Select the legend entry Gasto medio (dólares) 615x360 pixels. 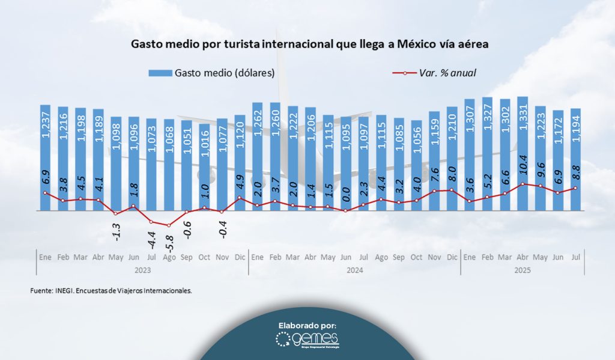point(212,73)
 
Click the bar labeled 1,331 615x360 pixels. point(523,153)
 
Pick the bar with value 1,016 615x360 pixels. point(205,167)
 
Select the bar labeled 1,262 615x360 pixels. point(258,156)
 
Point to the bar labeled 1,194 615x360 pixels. point(575,159)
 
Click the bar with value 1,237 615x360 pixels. point(45,157)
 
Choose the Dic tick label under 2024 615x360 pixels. point(451,257)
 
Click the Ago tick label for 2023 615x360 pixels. point(169,257)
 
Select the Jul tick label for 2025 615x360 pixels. point(575,257)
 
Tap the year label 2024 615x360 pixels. point(354,270)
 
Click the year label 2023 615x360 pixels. point(142,270)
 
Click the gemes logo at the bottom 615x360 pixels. point(307,340)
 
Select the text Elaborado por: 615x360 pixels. point(307,325)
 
